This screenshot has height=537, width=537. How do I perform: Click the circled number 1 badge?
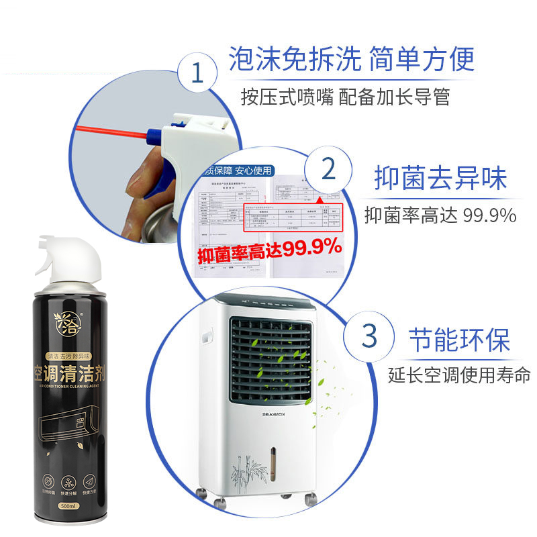[x=197, y=72]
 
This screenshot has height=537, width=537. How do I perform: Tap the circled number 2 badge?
[x=328, y=169]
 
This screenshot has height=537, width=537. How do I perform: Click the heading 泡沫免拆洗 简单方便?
[x=351, y=59]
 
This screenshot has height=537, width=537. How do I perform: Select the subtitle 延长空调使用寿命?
[x=459, y=374]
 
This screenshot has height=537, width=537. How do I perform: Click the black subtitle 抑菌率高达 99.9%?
[x=440, y=215]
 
